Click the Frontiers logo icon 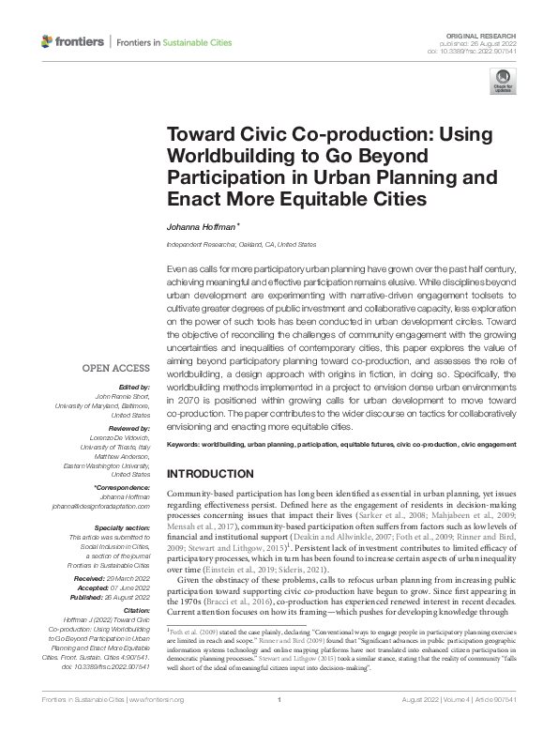point(48,42)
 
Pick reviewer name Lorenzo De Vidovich point(118,438)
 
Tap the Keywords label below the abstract point(186,443)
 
